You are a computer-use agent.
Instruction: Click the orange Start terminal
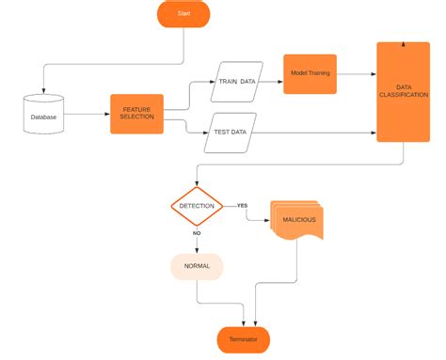click(x=183, y=14)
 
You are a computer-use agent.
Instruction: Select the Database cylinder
click(x=43, y=115)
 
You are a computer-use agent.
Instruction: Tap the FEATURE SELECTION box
click(x=136, y=114)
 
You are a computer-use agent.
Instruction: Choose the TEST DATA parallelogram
click(x=231, y=133)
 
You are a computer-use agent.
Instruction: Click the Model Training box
click(x=310, y=73)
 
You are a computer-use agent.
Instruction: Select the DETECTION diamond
click(x=197, y=206)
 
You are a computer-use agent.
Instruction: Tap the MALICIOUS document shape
click(x=296, y=221)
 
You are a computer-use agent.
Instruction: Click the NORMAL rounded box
click(x=197, y=268)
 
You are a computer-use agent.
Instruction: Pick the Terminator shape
click(x=244, y=338)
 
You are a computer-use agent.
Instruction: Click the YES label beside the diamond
click(x=242, y=205)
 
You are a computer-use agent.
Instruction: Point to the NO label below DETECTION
click(x=197, y=232)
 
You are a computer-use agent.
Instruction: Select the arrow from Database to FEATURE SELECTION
click(x=87, y=115)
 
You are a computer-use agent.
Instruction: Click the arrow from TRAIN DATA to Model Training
click(x=272, y=81)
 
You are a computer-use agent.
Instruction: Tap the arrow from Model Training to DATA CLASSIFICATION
click(x=358, y=73)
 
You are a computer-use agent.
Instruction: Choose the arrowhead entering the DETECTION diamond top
click(x=197, y=183)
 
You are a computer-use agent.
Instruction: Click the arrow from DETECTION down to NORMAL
click(x=197, y=243)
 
